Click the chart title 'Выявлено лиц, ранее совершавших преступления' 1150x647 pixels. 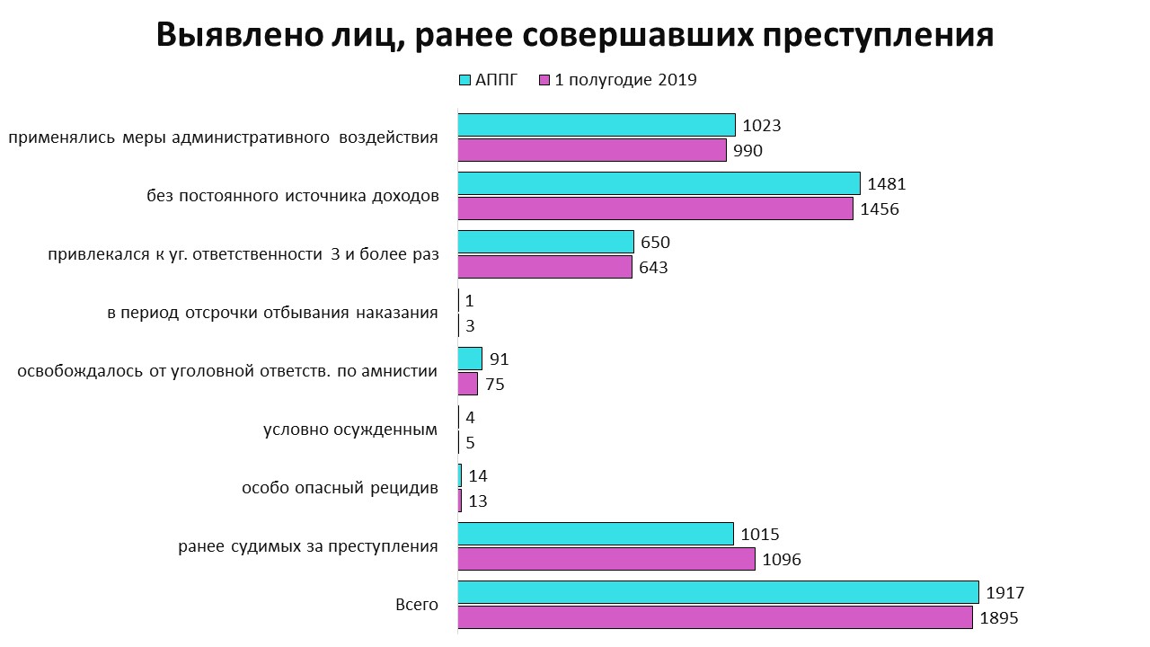(x=575, y=35)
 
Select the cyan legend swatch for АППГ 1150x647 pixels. (x=464, y=80)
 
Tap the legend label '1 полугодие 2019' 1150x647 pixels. (x=625, y=80)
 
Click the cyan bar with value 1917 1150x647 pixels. (x=718, y=592)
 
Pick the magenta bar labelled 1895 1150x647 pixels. (x=715, y=617)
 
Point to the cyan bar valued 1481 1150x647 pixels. (x=659, y=183)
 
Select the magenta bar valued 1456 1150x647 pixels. (x=655, y=208)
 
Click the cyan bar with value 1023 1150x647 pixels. (x=597, y=125)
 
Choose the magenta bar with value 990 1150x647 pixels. (x=592, y=150)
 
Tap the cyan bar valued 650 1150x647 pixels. (x=546, y=242)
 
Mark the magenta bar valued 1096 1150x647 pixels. (x=606, y=559)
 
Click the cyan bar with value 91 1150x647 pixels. (x=470, y=359)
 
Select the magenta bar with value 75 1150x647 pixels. (x=468, y=384)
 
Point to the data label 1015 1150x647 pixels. (x=760, y=535)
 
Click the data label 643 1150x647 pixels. (x=653, y=268)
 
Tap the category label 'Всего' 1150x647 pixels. (x=417, y=605)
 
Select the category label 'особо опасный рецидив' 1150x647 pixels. (x=340, y=488)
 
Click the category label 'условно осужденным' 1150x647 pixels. (x=350, y=430)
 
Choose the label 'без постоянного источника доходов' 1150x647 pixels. (x=293, y=196)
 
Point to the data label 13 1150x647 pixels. (x=478, y=501)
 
